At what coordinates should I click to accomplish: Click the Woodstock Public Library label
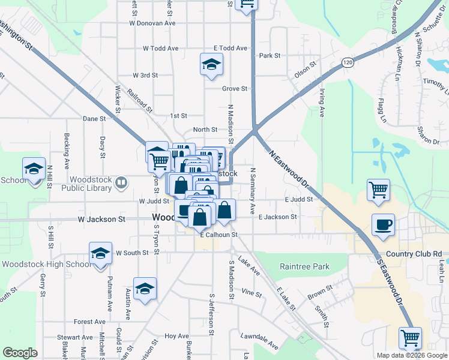click(91, 184)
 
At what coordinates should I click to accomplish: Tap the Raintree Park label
click(305, 266)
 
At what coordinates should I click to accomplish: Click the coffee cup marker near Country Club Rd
click(383, 225)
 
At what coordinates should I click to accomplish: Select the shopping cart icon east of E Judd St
click(379, 190)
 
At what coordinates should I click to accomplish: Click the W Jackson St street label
click(101, 220)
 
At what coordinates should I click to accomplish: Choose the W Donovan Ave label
click(152, 23)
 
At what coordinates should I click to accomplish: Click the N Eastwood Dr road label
click(288, 168)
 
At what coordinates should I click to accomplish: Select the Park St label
click(270, 56)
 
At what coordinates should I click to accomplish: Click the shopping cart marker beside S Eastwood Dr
click(410, 338)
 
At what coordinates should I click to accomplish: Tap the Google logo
click(20, 353)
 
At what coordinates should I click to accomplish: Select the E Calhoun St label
click(219, 235)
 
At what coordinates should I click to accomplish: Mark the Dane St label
click(94, 119)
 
